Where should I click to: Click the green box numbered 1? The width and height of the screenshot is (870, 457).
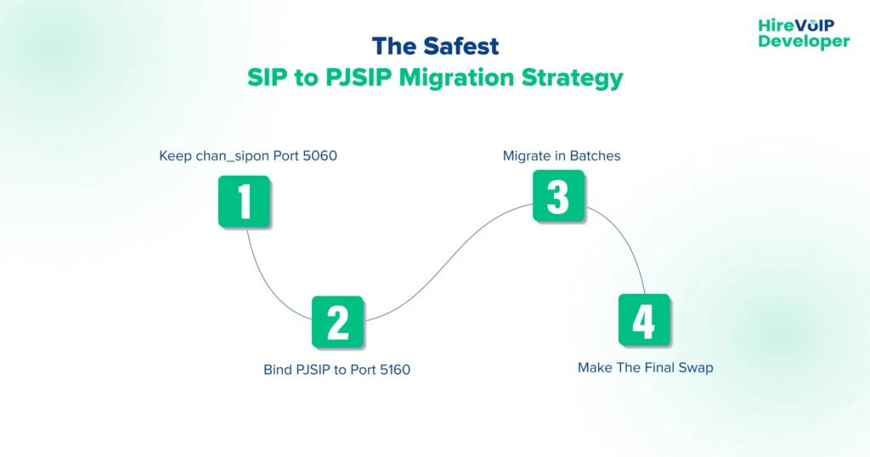point(245,201)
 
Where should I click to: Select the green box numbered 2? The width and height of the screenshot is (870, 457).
point(337,321)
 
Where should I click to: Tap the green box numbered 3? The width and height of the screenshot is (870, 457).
point(558,195)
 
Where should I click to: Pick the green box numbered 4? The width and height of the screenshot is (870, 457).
point(644,319)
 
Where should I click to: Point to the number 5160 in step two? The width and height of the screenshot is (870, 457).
point(393,370)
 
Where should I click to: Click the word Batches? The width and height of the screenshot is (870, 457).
point(596,156)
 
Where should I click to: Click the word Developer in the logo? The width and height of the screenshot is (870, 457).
point(804,41)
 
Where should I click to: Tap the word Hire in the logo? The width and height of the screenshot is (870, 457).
point(774,25)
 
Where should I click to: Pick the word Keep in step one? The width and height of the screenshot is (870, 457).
point(175,156)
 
